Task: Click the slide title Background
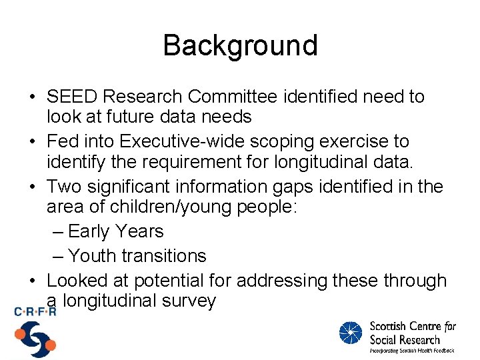point(240,45)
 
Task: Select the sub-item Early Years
point(115,231)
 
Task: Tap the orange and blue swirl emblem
point(35,339)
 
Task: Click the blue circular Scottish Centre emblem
point(351,333)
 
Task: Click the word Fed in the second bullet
point(63,141)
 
